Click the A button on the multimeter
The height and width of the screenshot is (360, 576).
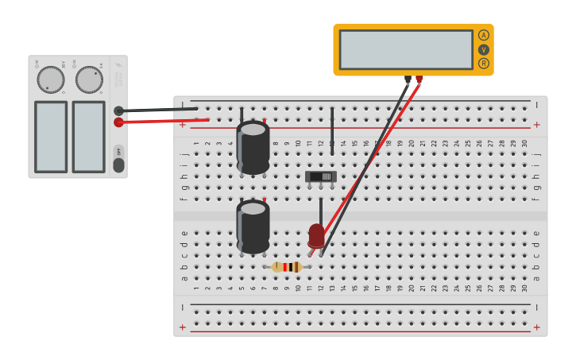[x=484, y=35]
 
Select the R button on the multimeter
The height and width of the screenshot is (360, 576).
[x=484, y=64]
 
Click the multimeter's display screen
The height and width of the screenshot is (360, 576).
[x=406, y=49]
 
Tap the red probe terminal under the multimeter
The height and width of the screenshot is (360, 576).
[x=419, y=79]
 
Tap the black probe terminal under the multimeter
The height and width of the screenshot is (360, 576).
[x=408, y=79]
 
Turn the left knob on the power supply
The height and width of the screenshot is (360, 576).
[x=51, y=79]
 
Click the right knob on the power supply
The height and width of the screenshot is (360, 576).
[x=89, y=79]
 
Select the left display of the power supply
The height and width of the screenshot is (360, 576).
[x=51, y=136]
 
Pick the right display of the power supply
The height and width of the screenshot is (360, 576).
[x=89, y=136]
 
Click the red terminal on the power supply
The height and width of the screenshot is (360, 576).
[x=118, y=122]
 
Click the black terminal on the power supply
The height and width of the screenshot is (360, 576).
[x=118, y=110]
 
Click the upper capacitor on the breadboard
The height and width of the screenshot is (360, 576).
[x=253, y=147]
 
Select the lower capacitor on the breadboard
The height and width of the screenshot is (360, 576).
[x=253, y=226]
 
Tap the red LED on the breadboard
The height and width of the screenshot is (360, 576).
[x=316, y=235]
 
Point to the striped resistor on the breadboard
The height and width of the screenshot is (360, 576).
[x=287, y=267]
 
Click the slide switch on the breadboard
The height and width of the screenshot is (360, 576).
[x=321, y=176]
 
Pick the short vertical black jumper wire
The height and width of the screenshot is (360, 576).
[x=332, y=131]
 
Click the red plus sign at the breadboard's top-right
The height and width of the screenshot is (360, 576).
[x=536, y=125]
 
